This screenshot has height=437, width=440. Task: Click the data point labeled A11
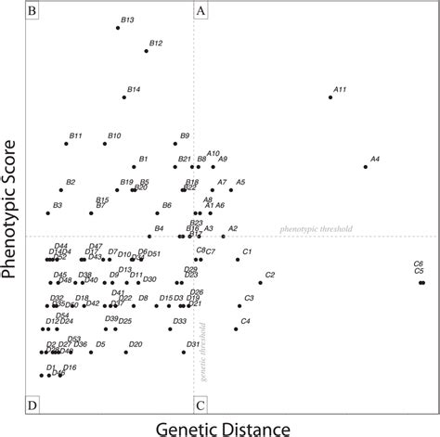pos(330,96)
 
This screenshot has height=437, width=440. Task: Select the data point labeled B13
pos(118,28)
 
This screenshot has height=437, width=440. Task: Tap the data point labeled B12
pos(146,50)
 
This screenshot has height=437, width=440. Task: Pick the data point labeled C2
pos(260,282)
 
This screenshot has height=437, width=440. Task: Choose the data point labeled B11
pos(66,144)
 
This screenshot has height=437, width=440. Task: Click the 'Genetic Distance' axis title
pos(220,427)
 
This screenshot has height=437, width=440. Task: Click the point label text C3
pos(249,298)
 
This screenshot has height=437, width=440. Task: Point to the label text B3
pos(58,205)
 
